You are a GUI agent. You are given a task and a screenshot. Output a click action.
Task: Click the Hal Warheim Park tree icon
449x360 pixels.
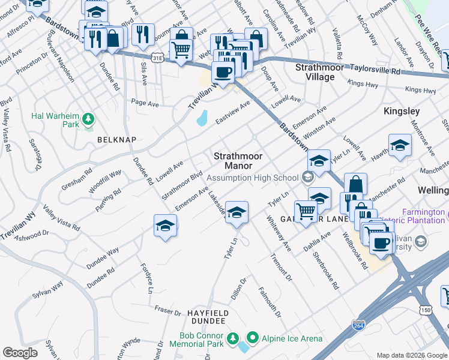(88, 119)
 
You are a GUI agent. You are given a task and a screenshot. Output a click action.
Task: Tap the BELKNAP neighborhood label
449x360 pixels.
(117, 139)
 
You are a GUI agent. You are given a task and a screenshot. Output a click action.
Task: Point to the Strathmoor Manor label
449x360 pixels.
(239, 160)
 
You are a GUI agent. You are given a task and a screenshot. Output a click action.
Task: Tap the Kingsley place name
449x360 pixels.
(402, 112)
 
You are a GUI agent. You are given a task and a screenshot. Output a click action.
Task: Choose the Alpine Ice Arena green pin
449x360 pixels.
(252, 339)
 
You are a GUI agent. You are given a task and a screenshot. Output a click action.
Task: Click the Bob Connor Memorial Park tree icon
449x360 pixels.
(232, 340)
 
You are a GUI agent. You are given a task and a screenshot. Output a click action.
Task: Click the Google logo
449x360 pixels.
(20, 352)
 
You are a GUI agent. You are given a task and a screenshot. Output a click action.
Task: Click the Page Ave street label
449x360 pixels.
(145, 104)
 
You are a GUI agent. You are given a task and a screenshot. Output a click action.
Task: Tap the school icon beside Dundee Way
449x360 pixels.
(165, 226)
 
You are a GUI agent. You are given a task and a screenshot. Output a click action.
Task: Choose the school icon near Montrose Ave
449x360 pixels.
(400, 146)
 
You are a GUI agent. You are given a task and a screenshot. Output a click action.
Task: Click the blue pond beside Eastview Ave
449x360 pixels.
(202, 118)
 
